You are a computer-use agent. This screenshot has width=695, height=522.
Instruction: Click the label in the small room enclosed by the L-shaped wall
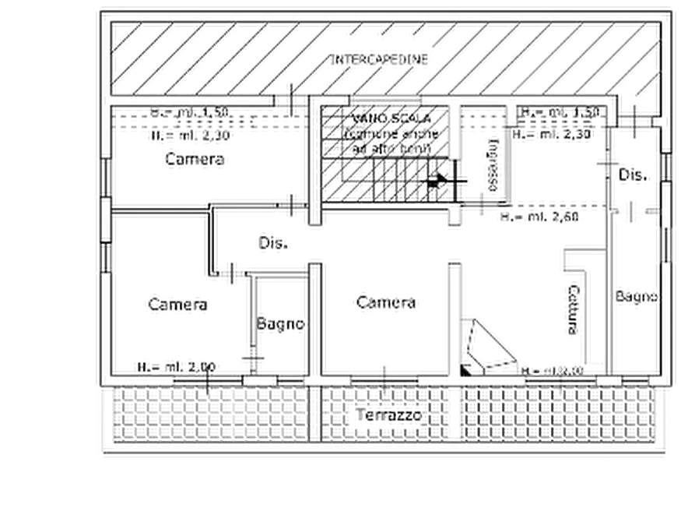[x=280, y=322]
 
